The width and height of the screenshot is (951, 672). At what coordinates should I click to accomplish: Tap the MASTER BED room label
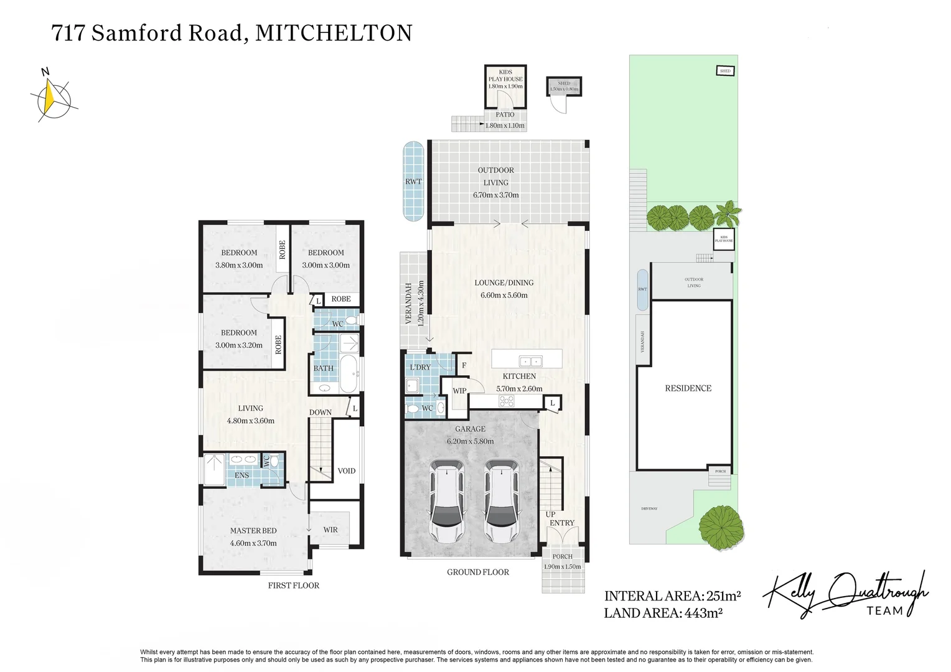coord(253,531)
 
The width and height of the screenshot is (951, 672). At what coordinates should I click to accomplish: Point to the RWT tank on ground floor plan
coord(413,181)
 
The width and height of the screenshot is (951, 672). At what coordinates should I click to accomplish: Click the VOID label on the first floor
coord(346,470)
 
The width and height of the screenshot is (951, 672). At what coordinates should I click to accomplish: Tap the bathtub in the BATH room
coord(347,373)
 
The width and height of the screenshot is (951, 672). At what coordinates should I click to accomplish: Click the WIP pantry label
coord(459,391)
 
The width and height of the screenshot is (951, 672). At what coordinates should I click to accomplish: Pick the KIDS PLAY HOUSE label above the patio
coord(505,76)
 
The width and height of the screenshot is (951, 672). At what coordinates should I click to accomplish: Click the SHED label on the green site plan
coord(725,71)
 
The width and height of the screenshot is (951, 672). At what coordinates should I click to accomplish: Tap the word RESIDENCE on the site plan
coord(688,388)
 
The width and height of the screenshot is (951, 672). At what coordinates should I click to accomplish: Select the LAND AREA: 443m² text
coord(663,613)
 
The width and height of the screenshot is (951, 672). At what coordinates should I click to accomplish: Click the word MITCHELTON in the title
coord(334,32)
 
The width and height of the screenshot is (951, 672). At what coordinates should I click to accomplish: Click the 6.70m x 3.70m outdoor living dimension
coord(495,195)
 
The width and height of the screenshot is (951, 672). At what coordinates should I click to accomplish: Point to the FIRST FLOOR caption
coord(293,586)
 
